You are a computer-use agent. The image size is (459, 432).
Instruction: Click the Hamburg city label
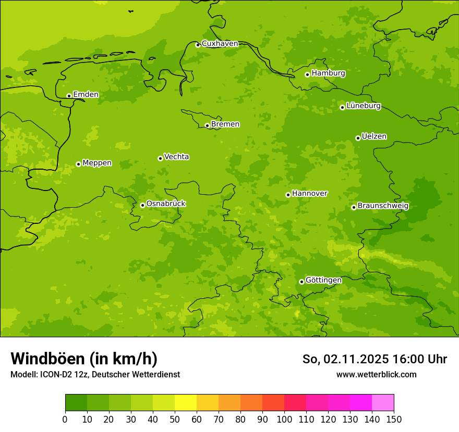pyautogui.click(x=328, y=73)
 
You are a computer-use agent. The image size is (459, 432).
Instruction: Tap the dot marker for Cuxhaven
pyautogui.click(x=198, y=45)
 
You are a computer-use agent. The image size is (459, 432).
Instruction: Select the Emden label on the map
pyautogui.click(x=86, y=95)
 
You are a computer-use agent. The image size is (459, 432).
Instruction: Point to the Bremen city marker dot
pyautogui.click(x=207, y=125)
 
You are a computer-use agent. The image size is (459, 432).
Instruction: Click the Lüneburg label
pyautogui.click(x=363, y=106)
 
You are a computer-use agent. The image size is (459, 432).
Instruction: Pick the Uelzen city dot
pyautogui.click(x=358, y=138)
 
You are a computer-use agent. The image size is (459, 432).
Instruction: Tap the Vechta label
pyautogui.click(x=176, y=157)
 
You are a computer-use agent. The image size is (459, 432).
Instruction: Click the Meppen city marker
pyautogui.click(x=78, y=164)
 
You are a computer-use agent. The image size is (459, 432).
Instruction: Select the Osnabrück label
pyautogui.click(x=166, y=204)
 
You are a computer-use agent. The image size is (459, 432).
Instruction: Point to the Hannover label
pyautogui.click(x=309, y=194)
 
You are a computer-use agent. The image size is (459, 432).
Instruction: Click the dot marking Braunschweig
pyautogui.click(x=354, y=207)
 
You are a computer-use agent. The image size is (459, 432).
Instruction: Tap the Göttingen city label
pyautogui.click(x=323, y=280)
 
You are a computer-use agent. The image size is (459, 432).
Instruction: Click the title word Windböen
pyautogui.click(x=47, y=359)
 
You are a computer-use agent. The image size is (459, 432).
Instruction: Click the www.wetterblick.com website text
pyautogui.click(x=376, y=374)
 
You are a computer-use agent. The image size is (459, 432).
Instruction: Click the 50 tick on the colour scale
pyautogui.click(x=175, y=419)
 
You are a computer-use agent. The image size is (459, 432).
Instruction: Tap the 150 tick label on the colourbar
pyautogui.click(x=394, y=419)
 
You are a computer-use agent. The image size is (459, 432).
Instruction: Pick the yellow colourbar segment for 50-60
pyautogui.click(x=186, y=403)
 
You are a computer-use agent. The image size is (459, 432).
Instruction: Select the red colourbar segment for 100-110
pyautogui.click(x=295, y=403)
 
